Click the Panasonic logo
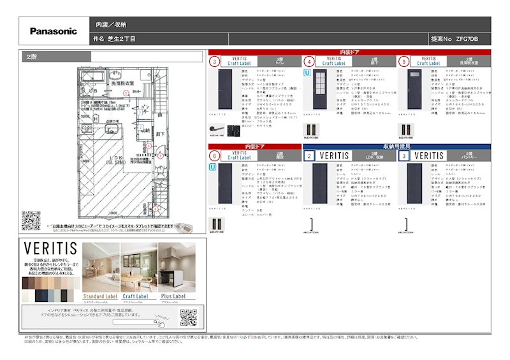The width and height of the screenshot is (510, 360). point(54,31)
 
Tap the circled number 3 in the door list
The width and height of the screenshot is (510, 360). point(215,62)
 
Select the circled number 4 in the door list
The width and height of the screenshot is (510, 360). point(309,62)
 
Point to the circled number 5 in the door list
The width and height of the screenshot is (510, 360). point(403,62)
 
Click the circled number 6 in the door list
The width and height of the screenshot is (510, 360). point(215,155)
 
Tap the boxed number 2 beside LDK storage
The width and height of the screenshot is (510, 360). point(309,155)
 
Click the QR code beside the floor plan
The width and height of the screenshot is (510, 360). point(31,220)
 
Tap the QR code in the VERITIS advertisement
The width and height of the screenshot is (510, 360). point(187,317)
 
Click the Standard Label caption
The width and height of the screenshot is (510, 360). point(101,296)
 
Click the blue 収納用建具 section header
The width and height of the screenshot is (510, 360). point(397,146)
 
